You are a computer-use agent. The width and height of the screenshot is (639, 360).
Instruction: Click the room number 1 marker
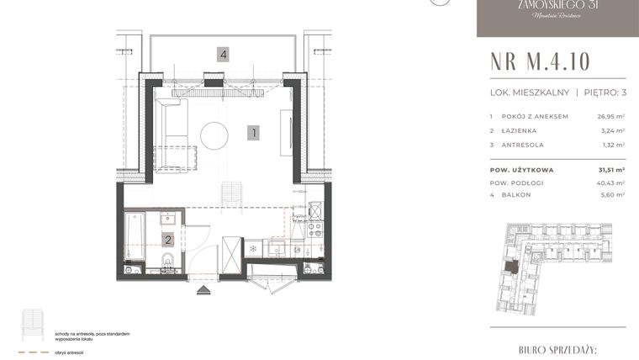click(x=252, y=131)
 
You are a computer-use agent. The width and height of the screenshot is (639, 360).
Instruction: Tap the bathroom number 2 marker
click(x=168, y=240)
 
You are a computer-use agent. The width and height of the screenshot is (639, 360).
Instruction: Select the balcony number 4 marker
click(x=222, y=55)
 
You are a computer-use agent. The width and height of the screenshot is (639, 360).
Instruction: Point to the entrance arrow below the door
click(x=203, y=289)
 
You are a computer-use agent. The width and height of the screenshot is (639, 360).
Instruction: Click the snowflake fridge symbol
click(x=252, y=249)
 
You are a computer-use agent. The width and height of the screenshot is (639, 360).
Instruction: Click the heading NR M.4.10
click(x=541, y=62)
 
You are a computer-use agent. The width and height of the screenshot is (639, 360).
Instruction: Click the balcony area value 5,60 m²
click(x=611, y=194)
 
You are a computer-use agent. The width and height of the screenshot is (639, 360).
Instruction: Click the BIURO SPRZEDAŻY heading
click(x=557, y=347)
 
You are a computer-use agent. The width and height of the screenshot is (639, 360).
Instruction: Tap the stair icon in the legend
click(x=33, y=324)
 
